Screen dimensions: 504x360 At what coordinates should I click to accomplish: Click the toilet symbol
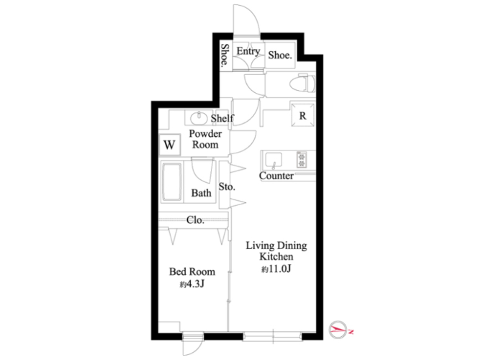[302, 84]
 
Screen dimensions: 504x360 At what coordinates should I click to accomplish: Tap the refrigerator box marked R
[302, 114]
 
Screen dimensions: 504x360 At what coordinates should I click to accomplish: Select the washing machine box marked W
[170, 144]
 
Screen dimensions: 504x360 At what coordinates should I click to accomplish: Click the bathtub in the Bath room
[172, 181]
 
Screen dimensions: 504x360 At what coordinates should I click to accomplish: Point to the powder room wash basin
[199, 118]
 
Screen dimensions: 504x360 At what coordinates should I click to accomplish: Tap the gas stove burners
[302, 159]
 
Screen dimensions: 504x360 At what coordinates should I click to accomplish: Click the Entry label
[248, 51]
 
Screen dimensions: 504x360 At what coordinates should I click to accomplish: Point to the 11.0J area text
[276, 269]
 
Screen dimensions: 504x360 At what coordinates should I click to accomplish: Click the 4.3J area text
[192, 284]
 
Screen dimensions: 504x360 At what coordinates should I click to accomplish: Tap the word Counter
[276, 176]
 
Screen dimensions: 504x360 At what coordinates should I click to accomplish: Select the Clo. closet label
[195, 220]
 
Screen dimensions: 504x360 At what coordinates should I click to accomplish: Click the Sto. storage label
[227, 186]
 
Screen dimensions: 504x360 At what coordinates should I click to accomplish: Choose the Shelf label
[222, 118]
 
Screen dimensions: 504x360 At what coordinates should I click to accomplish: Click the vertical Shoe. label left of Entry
[225, 56]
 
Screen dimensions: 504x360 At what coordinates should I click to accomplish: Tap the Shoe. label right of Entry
[280, 55]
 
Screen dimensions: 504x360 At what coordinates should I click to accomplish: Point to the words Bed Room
[192, 272]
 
